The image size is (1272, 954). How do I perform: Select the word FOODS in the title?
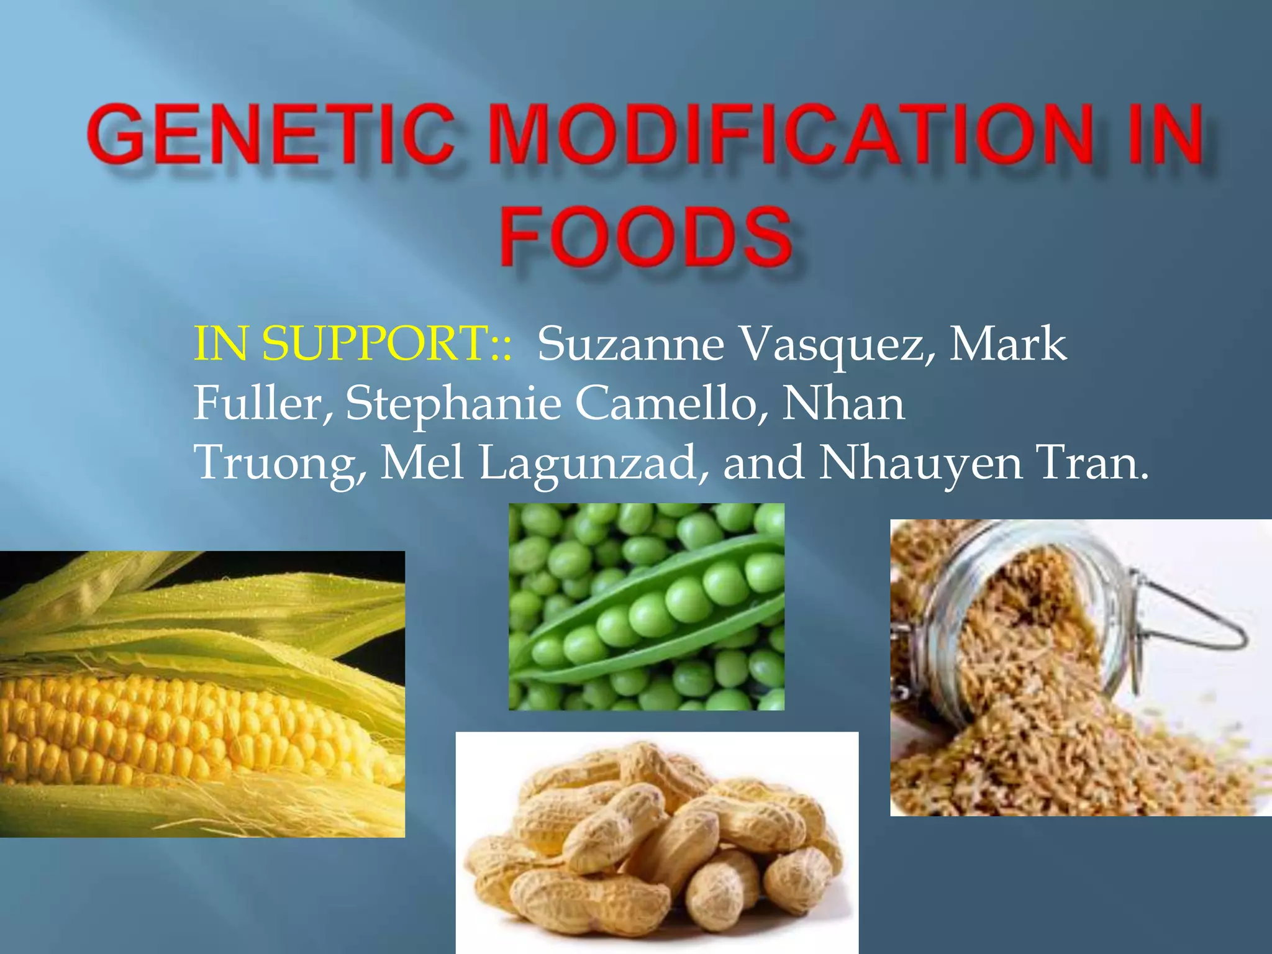(x=646, y=237)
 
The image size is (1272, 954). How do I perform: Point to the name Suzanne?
(x=630, y=345)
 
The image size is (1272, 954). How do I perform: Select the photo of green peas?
(x=646, y=606)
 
